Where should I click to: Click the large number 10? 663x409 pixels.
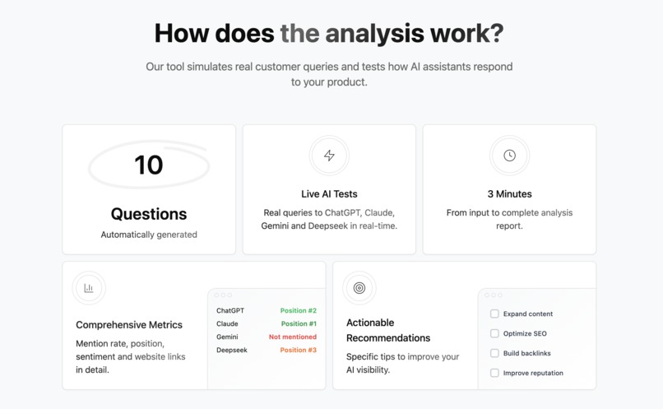(x=149, y=165)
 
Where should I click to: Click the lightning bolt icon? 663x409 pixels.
(x=329, y=156)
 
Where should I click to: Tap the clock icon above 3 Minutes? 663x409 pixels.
(x=509, y=156)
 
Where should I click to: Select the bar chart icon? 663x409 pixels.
(x=89, y=288)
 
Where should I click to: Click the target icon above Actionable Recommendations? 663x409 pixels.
(x=359, y=288)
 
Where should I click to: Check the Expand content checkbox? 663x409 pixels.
(x=494, y=314)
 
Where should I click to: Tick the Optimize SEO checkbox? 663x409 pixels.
(x=494, y=333)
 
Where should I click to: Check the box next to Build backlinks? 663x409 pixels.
(x=494, y=353)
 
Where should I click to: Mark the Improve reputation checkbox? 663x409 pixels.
(x=494, y=373)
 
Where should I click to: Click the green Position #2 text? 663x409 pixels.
(x=299, y=311)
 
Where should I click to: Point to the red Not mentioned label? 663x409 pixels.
(x=293, y=337)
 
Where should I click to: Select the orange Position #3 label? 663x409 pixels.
(x=299, y=351)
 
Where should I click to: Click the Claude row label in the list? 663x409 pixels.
(x=227, y=324)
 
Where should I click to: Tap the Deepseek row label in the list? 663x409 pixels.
(x=232, y=351)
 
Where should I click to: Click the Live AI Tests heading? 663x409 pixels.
(x=329, y=194)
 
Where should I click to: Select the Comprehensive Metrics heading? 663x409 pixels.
(x=129, y=325)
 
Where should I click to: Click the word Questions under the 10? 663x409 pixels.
(x=149, y=214)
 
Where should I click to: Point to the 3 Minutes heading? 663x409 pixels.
(x=509, y=194)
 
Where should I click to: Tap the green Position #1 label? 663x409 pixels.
(x=299, y=324)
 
